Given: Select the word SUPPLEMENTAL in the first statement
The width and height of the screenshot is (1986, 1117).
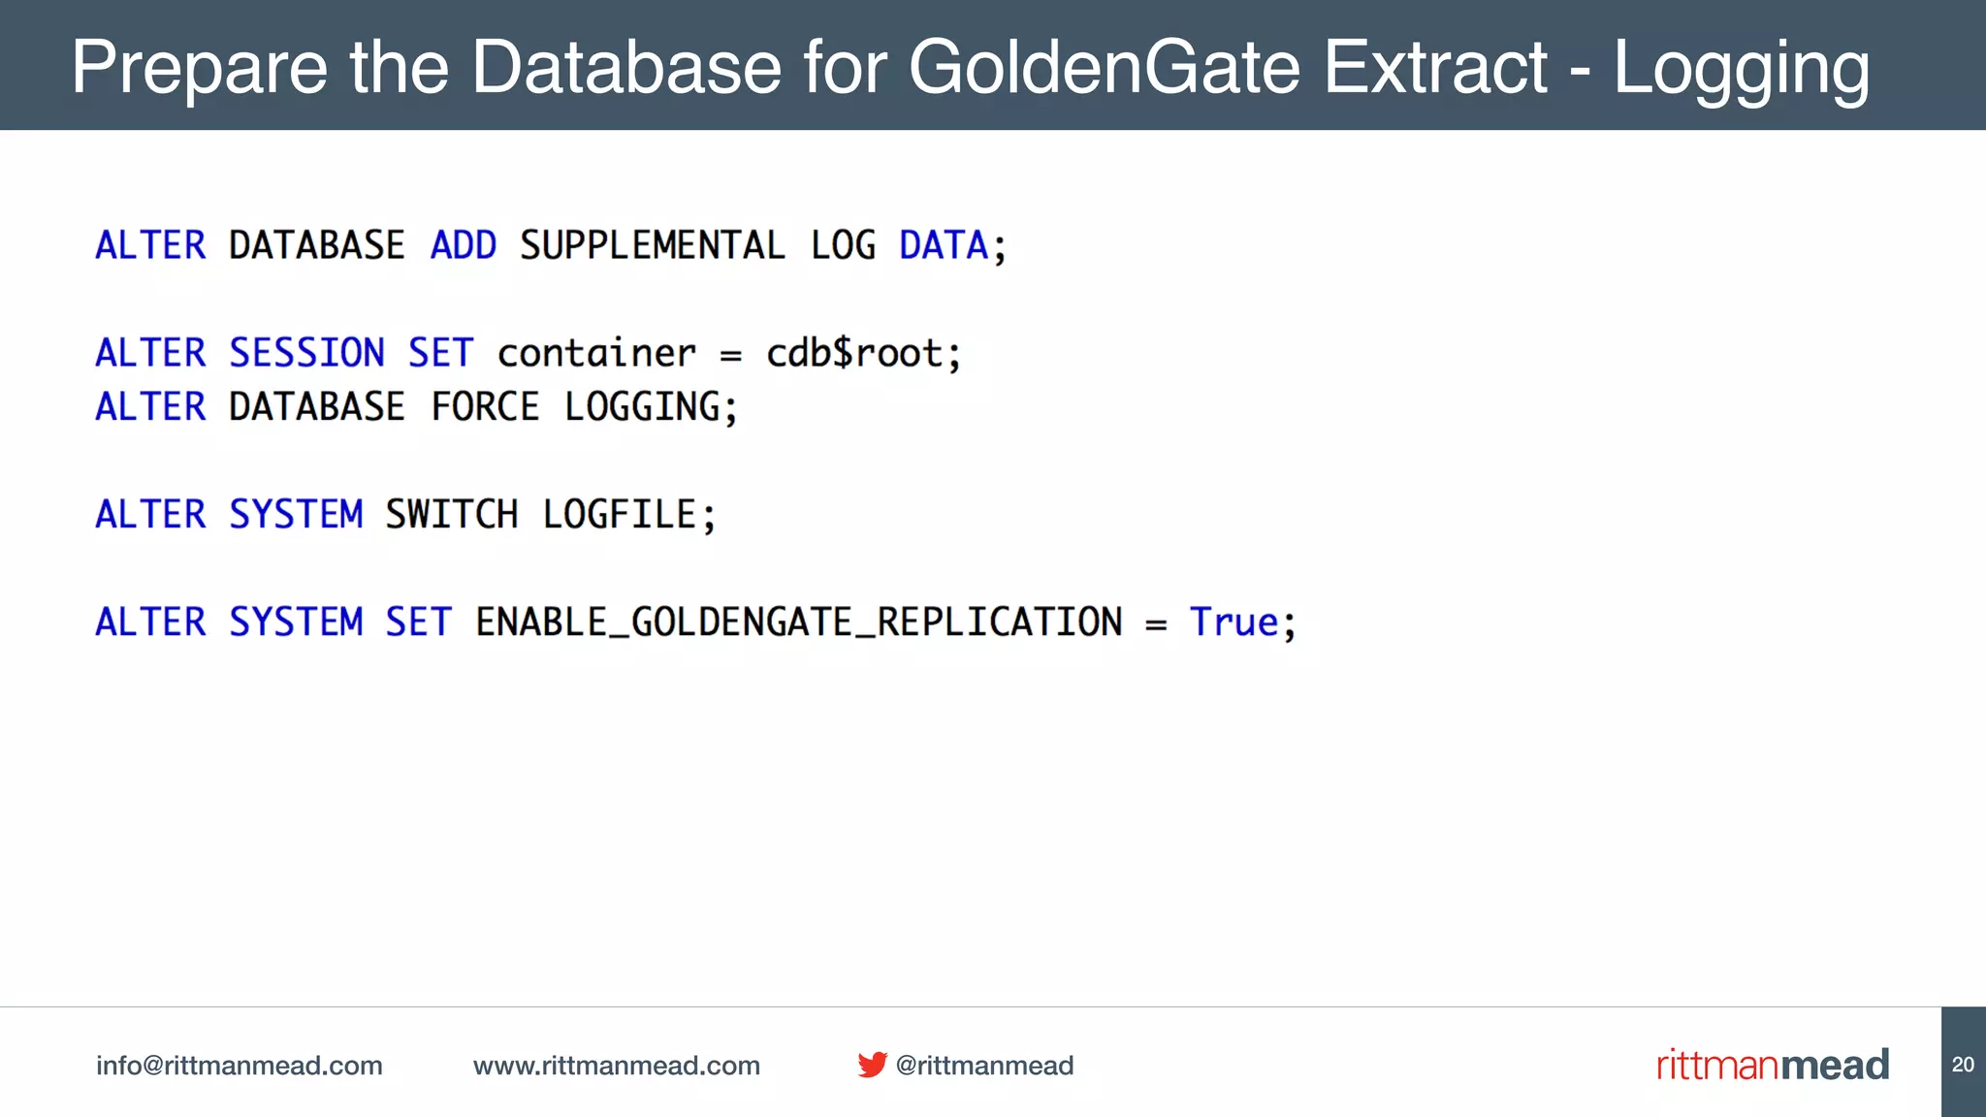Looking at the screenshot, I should coord(652,245).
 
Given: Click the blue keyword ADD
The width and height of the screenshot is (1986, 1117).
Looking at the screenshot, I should coord(464,245).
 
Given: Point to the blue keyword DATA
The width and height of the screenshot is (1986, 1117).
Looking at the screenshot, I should coord(943,245).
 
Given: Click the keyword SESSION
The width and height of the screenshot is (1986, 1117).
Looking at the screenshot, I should coord(306,353).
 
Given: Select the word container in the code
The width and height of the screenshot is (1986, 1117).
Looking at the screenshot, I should coord(596,353).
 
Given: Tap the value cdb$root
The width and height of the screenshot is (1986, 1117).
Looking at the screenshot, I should coord(853,353).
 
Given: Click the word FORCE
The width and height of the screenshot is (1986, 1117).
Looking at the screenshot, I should coord(485,406).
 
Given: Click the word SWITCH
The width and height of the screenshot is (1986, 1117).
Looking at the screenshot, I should coord(452,514).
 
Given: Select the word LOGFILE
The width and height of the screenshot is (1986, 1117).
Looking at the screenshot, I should coord(620,514).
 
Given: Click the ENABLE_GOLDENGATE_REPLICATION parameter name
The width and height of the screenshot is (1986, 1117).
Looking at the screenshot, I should coord(798,622).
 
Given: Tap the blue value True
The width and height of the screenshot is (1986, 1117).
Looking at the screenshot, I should coord(1234,622).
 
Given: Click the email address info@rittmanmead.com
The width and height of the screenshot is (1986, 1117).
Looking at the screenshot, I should coord(239,1065).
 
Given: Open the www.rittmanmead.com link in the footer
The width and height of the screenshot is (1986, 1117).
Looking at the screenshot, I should coord(616,1065).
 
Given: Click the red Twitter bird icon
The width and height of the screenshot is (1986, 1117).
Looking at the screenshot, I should coord(872,1065).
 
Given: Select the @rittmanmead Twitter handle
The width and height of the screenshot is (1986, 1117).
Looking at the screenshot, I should coord(984,1065).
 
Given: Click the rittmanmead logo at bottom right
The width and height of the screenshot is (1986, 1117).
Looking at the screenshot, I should coord(1773,1065).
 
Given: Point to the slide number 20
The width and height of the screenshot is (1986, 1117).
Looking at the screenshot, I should coord(1963,1064).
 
